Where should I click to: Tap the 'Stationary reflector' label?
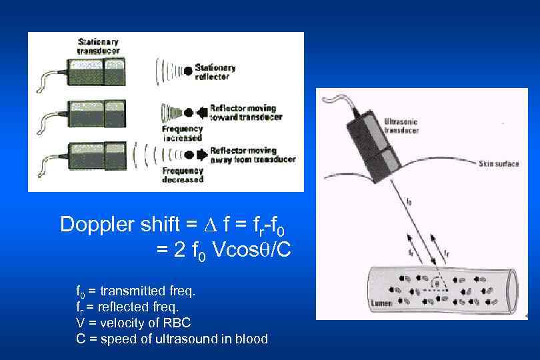tap(215, 72)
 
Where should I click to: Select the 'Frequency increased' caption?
tap(182, 133)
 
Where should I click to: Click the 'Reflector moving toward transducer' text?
tap(245, 112)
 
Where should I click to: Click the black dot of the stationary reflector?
tap(188, 68)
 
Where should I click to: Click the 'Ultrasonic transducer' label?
tap(402, 126)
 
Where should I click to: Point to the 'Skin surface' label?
tap(498, 163)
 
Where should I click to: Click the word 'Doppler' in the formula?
tap(93, 224)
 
